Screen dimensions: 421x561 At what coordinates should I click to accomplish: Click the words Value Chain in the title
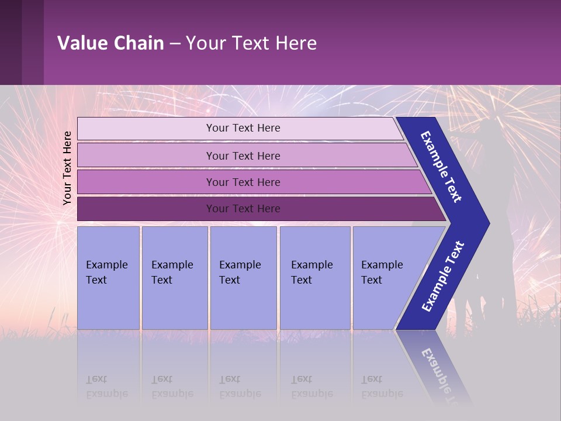(x=110, y=43)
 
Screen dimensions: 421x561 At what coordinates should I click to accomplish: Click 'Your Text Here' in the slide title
(x=251, y=43)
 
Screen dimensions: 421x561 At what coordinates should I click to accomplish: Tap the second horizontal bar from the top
(x=243, y=156)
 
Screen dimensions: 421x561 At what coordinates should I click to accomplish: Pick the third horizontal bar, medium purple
(x=243, y=182)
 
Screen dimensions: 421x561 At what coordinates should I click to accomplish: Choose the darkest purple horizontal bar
(x=243, y=209)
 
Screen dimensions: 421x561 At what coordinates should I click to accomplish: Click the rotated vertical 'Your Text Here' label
(x=67, y=168)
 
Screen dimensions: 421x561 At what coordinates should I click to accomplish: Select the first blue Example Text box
(x=108, y=278)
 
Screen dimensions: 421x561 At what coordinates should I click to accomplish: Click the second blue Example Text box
(x=174, y=278)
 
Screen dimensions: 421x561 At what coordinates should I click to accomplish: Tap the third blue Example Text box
(x=243, y=278)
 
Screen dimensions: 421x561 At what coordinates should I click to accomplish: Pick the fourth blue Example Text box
(x=314, y=278)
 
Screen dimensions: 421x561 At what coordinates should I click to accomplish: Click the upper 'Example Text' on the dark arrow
(x=442, y=167)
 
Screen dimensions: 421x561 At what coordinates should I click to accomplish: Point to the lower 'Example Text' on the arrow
(x=443, y=276)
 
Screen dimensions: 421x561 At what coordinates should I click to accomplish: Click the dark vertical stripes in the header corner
(x=22, y=42)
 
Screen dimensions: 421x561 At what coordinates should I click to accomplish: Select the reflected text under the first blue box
(x=107, y=387)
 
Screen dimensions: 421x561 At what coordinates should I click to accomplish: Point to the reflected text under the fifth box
(x=382, y=387)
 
